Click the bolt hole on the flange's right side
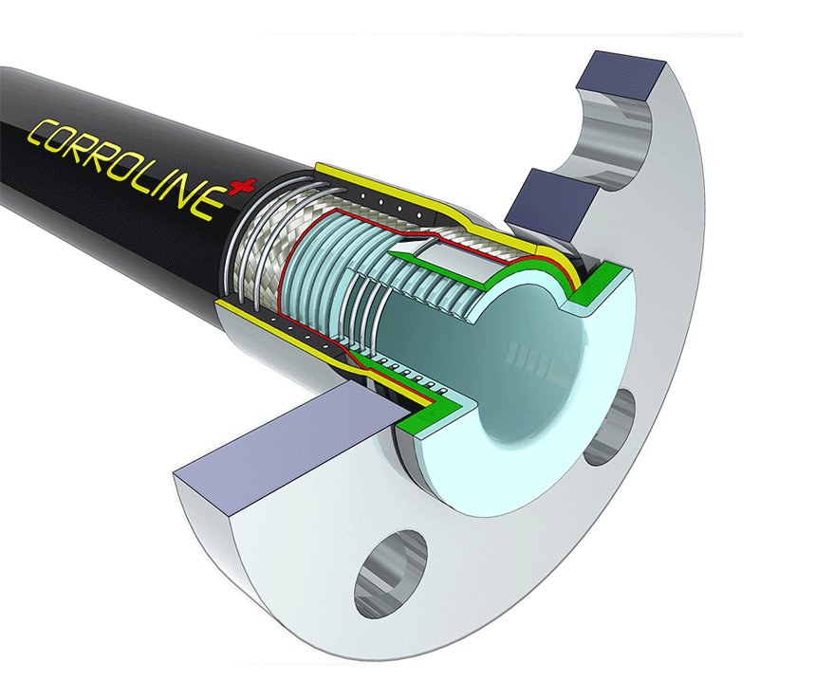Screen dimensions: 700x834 pyautogui.click(x=609, y=427)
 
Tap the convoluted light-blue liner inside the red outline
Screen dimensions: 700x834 pyautogui.click(x=332, y=275)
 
